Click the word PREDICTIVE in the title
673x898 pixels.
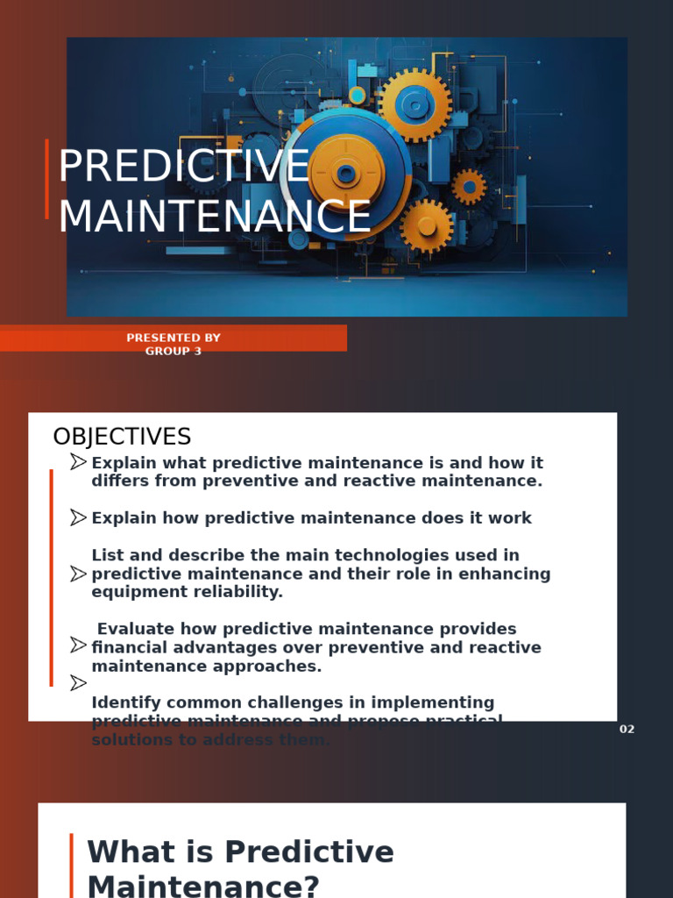[x=183, y=167]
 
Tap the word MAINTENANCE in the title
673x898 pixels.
[x=215, y=217]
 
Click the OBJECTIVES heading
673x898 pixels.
[x=122, y=437]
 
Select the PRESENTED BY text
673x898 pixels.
[x=174, y=338]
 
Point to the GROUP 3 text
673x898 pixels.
[x=174, y=352]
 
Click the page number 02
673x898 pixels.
[x=627, y=730]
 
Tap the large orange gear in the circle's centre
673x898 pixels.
[x=346, y=173]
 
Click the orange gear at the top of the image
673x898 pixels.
[x=414, y=104]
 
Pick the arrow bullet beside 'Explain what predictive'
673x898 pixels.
[x=79, y=462]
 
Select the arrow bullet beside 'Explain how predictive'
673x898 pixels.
[x=79, y=517]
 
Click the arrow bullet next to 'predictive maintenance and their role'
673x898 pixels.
[x=79, y=574]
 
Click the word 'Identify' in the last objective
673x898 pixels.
[x=124, y=702]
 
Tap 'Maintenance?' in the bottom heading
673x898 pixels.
[x=203, y=886]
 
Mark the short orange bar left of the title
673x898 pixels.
[x=46, y=179]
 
